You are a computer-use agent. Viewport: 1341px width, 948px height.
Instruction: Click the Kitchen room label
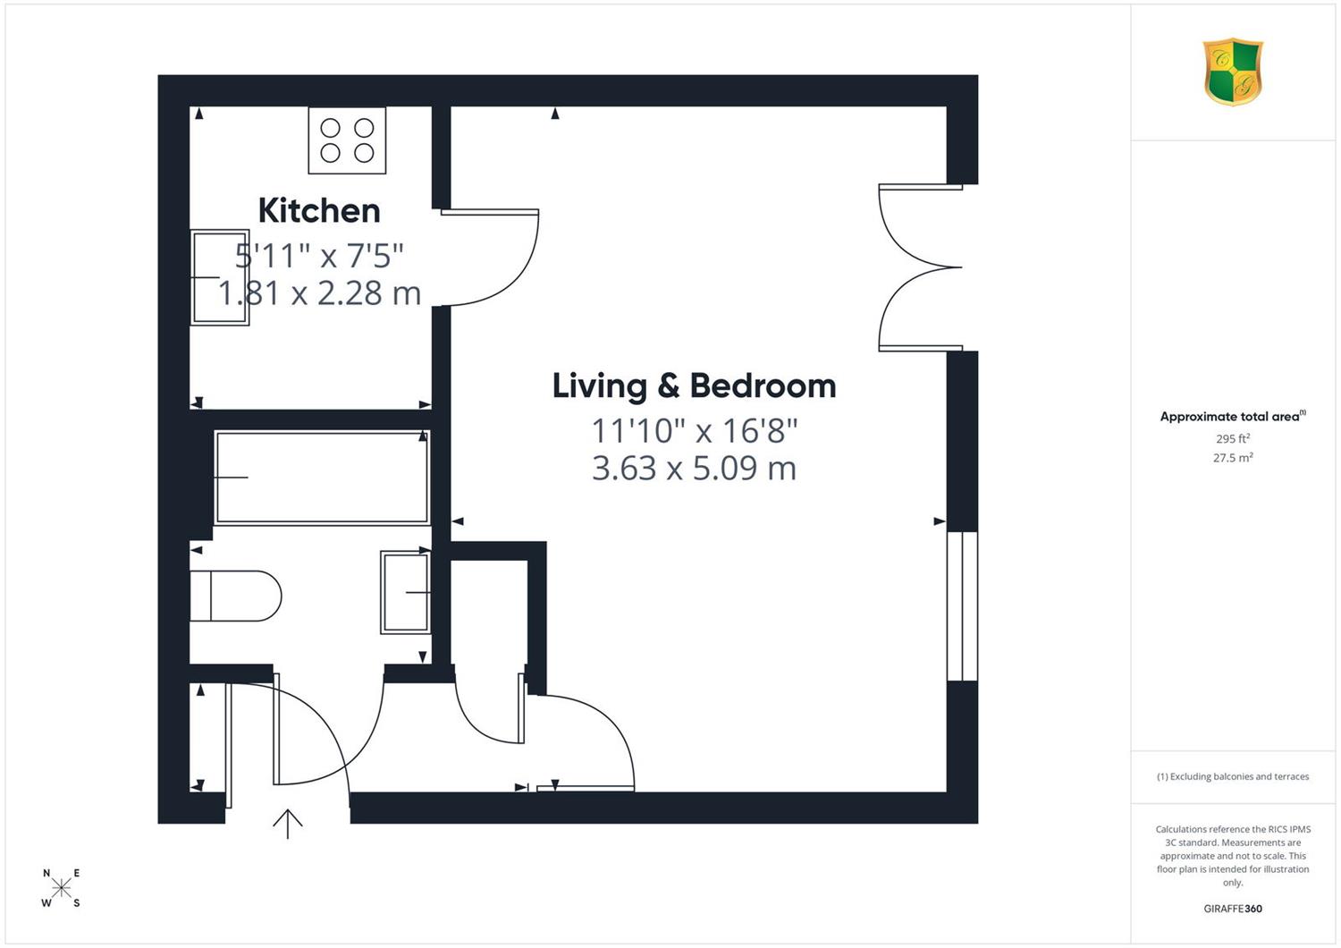pyautogui.click(x=319, y=211)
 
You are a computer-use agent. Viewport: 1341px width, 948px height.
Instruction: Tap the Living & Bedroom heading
pyautogui.click(x=694, y=386)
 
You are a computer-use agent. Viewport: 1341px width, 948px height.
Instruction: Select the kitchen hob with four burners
pyautogui.click(x=347, y=140)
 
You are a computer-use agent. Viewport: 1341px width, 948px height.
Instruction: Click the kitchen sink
pyautogui.click(x=220, y=278)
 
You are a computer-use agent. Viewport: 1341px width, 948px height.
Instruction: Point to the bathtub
pyautogui.click(x=322, y=478)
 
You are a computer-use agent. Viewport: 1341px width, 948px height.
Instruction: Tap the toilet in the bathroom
pyautogui.click(x=235, y=596)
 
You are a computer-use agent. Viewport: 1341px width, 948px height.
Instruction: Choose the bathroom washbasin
pyautogui.click(x=406, y=592)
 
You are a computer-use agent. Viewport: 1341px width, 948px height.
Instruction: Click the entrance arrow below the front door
pyautogui.click(x=288, y=824)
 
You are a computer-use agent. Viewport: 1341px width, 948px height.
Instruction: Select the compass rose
pyautogui.click(x=61, y=887)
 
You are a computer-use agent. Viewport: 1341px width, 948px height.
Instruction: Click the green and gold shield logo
pyautogui.click(x=1233, y=72)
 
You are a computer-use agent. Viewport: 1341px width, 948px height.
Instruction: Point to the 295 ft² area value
pyautogui.click(x=1233, y=438)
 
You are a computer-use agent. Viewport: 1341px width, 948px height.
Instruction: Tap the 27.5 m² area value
pyautogui.click(x=1233, y=458)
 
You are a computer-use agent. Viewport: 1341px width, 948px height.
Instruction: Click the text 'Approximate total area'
pyautogui.click(x=1229, y=417)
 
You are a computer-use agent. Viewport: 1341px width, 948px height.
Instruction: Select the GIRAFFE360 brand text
pyautogui.click(x=1233, y=909)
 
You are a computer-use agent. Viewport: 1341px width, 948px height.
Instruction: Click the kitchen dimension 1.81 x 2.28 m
pyautogui.click(x=319, y=293)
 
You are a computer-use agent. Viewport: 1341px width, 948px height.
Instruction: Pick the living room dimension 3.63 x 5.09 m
pyautogui.click(x=694, y=469)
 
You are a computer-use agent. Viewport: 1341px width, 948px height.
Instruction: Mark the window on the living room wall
pyautogui.click(x=962, y=606)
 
